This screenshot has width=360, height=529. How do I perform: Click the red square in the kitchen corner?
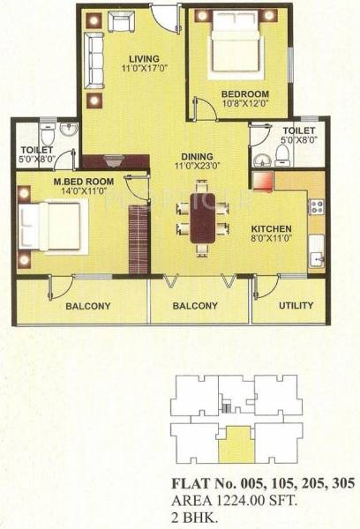(262, 180)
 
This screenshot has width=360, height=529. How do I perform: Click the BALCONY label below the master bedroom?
(87, 306)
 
